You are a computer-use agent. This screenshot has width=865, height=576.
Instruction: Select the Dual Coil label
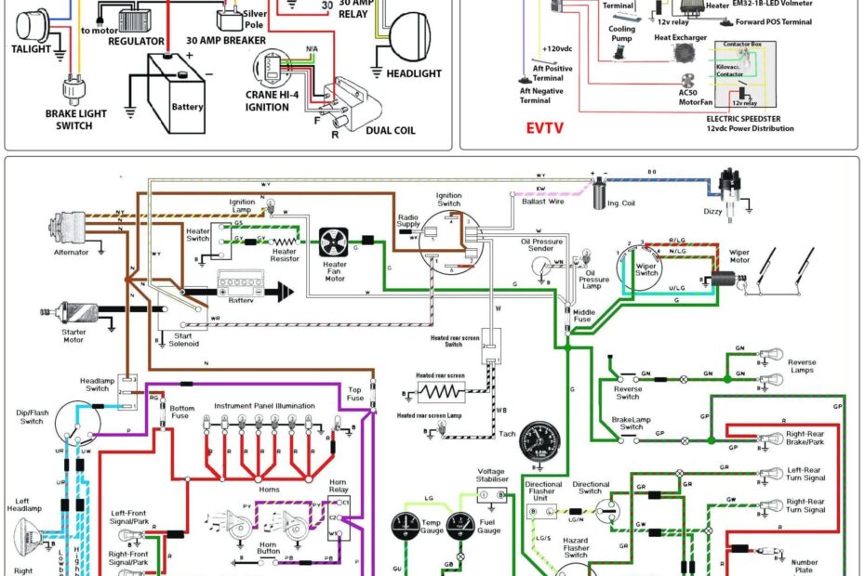[x=391, y=130]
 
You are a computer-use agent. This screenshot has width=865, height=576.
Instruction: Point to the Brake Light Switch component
[x=72, y=91]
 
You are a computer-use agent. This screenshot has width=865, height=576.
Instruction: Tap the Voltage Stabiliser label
[x=492, y=475]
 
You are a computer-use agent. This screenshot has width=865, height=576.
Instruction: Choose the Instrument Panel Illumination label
[x=265, y=406]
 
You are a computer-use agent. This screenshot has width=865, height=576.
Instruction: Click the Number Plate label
[x=805, y=566]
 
